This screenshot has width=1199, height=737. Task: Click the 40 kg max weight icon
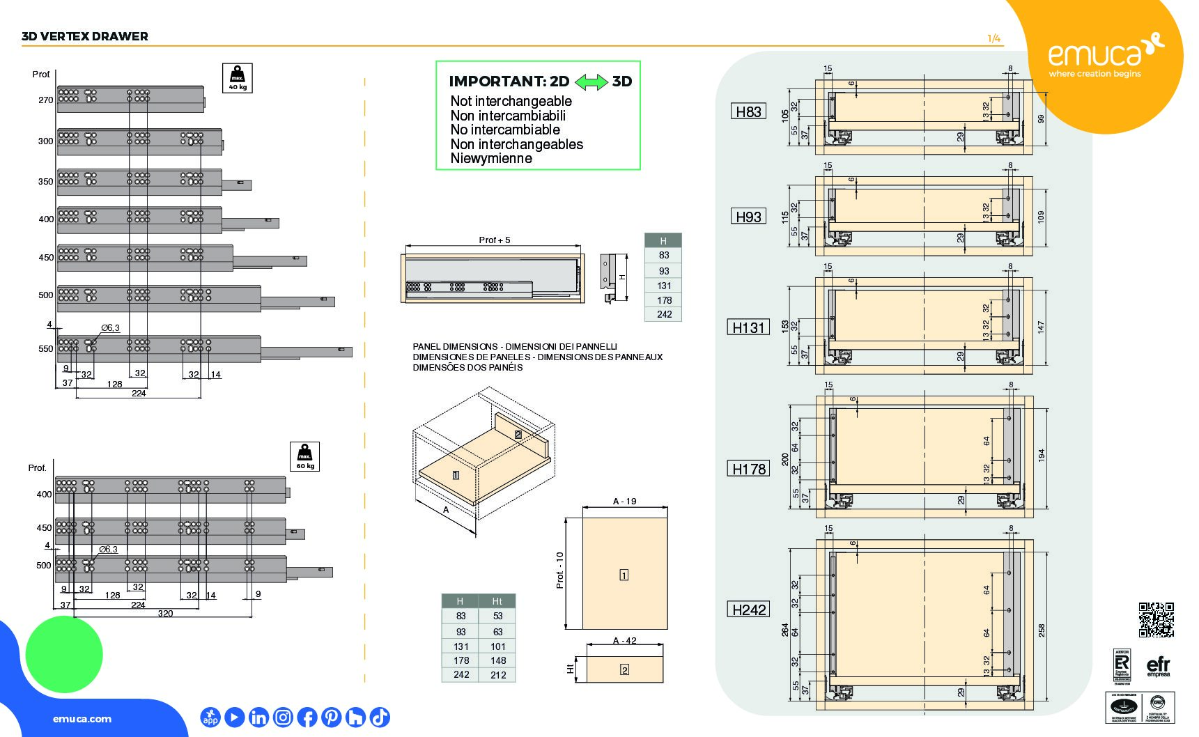[237, 78]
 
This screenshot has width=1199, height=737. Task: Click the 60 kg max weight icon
[304, 457]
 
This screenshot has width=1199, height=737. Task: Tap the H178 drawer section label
[749, 469]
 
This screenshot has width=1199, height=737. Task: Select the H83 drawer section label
[748, 111]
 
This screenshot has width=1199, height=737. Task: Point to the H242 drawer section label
[749, 610]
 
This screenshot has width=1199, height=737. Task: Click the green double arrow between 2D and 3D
[591, 82]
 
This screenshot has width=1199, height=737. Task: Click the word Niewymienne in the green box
[491, 158]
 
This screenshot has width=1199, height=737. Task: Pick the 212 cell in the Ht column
[497, 674]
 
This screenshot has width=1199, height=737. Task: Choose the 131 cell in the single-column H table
[663, 286]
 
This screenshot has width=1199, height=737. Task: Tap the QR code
[1156, 620]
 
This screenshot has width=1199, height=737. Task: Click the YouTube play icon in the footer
[235, 717]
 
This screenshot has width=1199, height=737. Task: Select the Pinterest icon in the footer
[331, 717]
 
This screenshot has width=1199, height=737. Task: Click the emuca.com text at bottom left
[82, 719]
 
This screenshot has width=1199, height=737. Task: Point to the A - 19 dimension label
[624, 501]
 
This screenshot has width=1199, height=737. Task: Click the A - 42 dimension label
[624, 640]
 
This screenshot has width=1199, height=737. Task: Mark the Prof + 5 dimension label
[495, 240]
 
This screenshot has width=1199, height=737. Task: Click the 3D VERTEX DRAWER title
[85, 36]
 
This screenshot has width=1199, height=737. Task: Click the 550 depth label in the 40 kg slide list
[46, 348]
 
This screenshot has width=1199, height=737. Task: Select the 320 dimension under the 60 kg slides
[165, 613]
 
